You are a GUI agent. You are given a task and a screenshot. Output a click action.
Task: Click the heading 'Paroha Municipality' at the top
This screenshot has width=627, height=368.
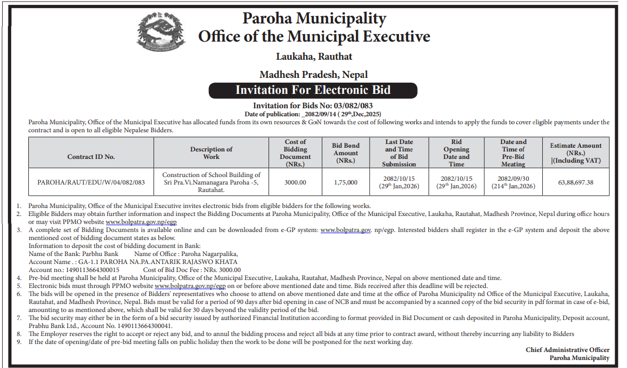[314, 18]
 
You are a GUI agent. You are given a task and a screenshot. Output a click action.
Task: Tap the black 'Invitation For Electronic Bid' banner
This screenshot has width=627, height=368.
[313, 90]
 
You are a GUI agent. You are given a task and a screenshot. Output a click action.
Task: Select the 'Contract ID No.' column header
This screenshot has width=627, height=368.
[91, 157]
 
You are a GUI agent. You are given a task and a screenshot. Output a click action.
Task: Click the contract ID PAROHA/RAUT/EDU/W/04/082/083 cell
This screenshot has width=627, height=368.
[91, 182]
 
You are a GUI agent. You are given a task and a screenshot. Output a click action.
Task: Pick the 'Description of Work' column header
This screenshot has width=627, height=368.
[211, 153]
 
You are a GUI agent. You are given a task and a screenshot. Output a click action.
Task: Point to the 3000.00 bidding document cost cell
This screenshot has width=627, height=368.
[295, 182]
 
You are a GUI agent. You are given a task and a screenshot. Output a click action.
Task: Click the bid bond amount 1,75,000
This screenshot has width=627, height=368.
[346, 182]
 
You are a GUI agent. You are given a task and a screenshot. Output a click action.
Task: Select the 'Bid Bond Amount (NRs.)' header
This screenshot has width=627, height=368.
[346, 153]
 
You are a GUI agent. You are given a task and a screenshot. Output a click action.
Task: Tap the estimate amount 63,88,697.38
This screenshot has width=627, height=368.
[576, 182]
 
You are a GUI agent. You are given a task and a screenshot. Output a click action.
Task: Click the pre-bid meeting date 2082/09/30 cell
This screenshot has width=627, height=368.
[513, 182]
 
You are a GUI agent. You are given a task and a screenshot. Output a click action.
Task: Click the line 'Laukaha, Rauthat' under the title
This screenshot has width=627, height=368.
[314, 56]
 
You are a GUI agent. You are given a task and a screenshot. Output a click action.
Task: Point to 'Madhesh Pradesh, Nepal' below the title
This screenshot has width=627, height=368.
[313, 74]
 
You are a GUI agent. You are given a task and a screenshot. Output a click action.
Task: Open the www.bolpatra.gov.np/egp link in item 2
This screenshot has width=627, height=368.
[141, 221]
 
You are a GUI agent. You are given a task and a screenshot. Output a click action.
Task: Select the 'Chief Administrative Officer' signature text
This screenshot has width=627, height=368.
[567, 350]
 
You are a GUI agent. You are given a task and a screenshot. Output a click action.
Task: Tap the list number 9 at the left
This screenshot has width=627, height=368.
[19, 342]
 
